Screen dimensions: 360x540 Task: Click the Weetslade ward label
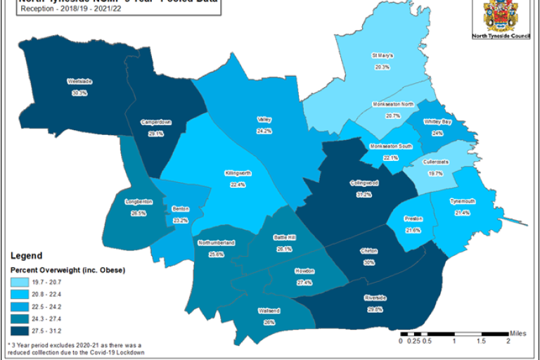click(x=79, y=82)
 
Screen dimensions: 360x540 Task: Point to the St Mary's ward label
click(x=382, y=55)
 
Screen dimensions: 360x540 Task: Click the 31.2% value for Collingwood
click(x=364, y=194)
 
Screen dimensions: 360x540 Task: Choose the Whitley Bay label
click(x=437, y=122)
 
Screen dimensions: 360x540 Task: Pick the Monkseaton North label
click(x=392, y=104)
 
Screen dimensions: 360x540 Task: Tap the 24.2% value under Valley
click(x=264, y=131)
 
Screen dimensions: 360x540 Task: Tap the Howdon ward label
click(x=304, y=271)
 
